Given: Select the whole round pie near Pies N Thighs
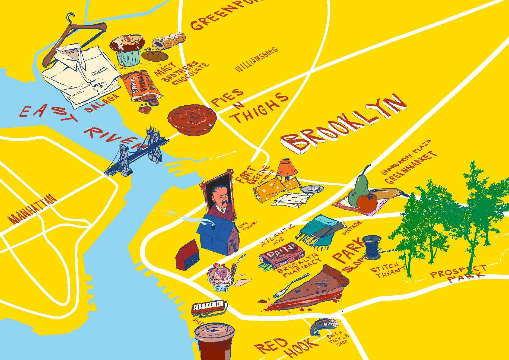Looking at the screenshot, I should click(192, 120).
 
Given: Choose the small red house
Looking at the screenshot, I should click(188, 255).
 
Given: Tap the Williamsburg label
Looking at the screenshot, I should click(256, 59).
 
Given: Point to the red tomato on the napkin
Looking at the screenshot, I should click(367, 203).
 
